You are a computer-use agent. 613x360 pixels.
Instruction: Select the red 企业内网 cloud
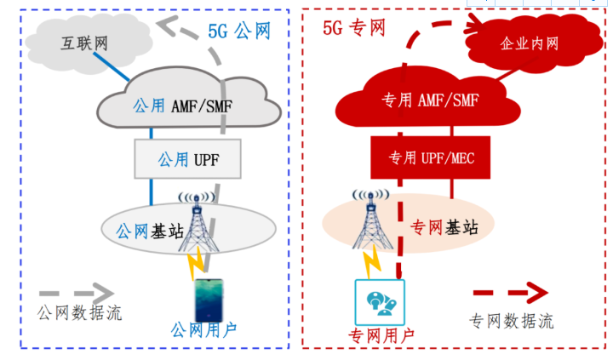click(x=529, y=43)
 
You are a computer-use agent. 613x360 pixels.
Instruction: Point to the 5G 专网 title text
click(x=354, y=28)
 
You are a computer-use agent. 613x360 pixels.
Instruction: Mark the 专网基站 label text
click(x=444, y=227)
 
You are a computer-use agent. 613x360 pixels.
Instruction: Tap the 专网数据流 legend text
click(x=512, y=321)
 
